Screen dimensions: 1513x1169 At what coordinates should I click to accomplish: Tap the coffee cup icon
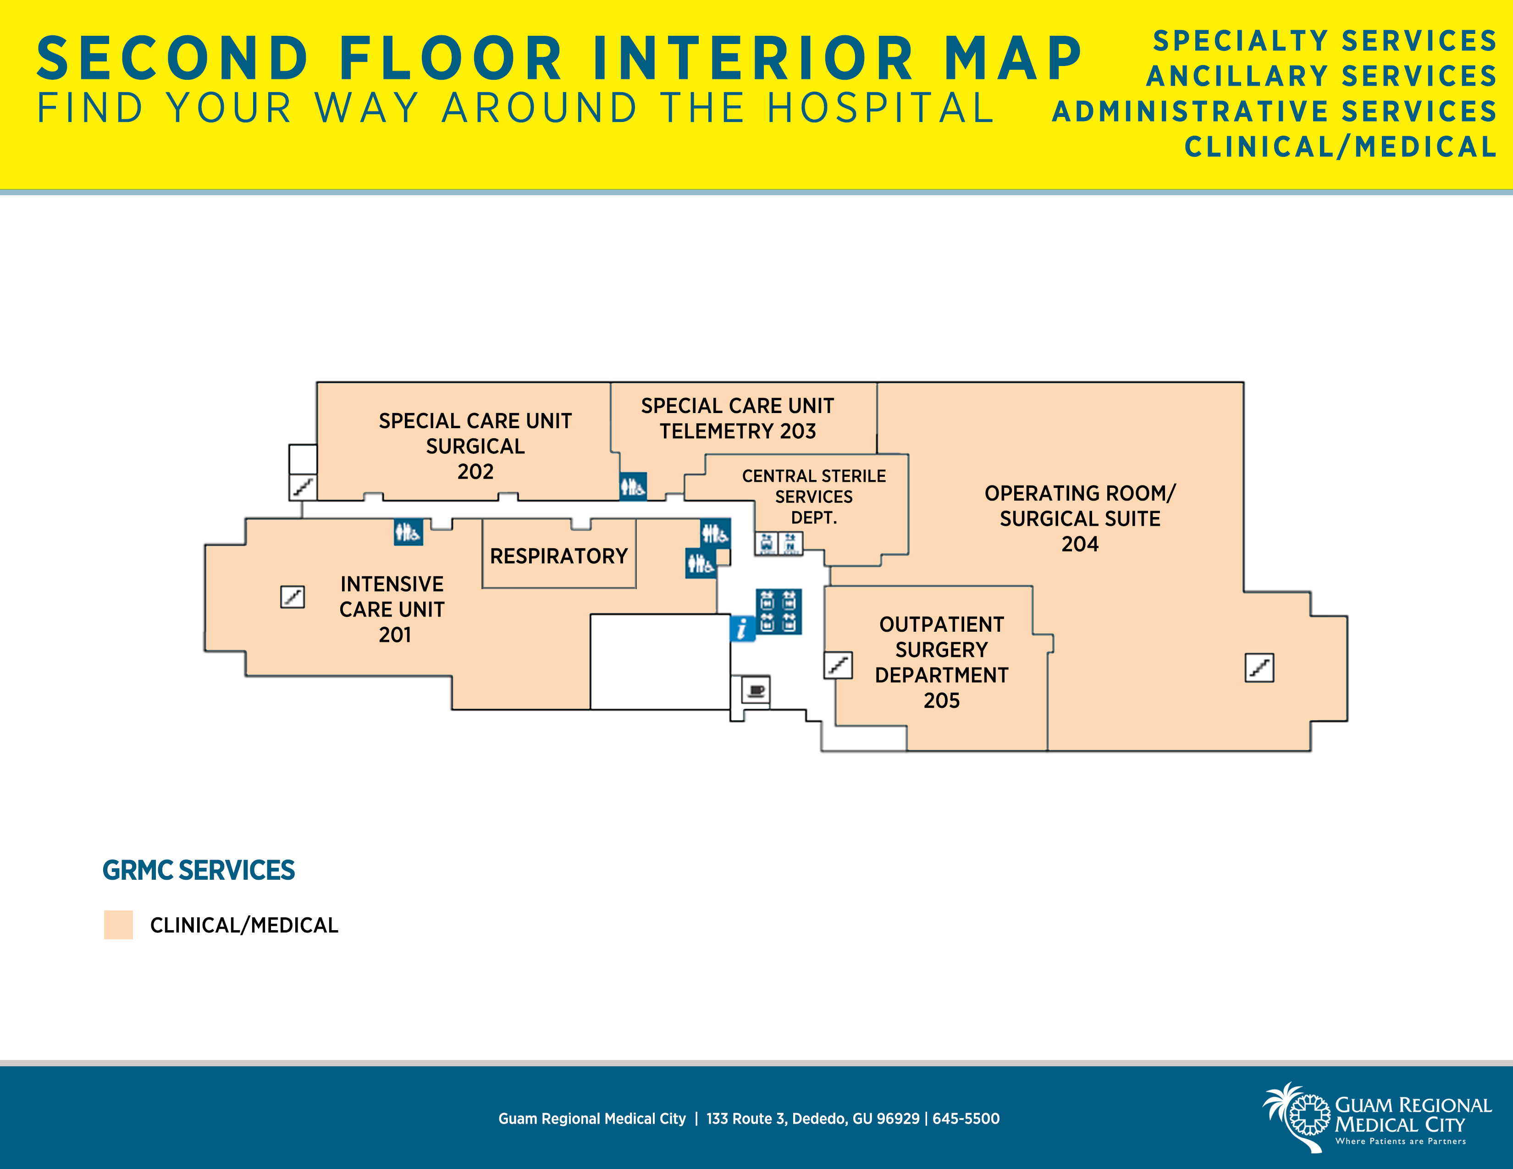[756, 690]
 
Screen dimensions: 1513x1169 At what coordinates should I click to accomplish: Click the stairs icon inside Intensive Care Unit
[293, 596]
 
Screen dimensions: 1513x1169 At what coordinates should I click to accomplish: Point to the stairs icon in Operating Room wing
[1259, 667]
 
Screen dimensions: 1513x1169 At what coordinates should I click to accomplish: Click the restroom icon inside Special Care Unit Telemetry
[633, 486]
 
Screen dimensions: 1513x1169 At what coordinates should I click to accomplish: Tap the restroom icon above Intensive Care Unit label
[408, 532]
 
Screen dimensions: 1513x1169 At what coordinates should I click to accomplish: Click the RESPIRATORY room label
[558, 556]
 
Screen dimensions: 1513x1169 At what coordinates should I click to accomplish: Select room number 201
[395, 634]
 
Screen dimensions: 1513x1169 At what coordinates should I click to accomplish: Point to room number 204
[1080, 544]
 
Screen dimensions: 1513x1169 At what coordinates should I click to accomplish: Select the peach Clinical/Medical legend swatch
[118, 925]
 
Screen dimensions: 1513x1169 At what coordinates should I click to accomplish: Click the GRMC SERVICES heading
[199, 870]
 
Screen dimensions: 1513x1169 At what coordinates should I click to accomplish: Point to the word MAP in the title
[1012, 58]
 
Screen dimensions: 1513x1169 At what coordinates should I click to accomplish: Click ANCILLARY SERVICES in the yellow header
[1322, 76]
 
